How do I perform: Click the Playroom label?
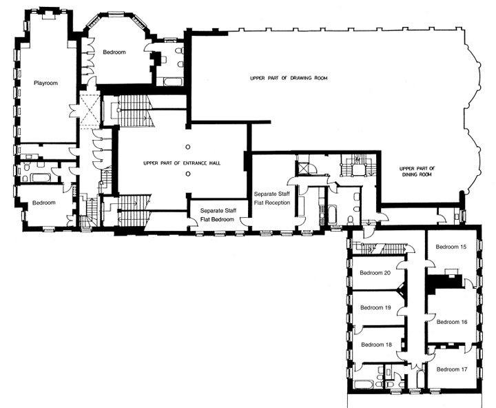tap(45, 83)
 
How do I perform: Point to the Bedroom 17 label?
tap(452, 369)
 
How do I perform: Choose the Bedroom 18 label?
tap(376, 344)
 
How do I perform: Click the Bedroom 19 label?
tap(376, 307)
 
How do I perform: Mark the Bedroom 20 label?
tap(376, 272)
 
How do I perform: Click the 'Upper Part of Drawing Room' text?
tap(289, 79)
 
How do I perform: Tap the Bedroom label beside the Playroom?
tap(114, 53)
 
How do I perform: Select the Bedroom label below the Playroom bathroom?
tap(44, 203)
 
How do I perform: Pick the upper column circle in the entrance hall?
tap(187, 147)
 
